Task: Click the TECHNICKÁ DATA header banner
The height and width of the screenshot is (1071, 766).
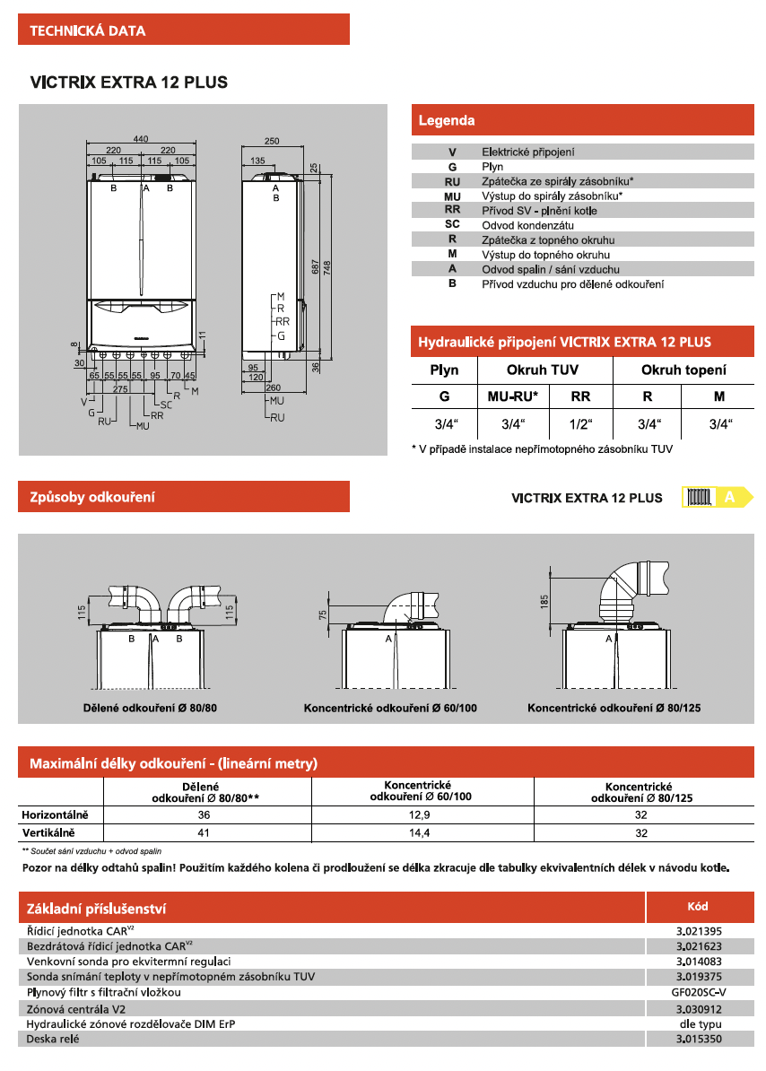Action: click(x=183, y=30)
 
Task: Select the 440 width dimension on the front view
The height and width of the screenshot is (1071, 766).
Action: click(x=141, y=139)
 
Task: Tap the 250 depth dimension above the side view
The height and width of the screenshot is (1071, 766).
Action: click(x=273, y=141)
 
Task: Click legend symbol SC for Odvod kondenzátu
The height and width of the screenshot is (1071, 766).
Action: click(x=452, y=224)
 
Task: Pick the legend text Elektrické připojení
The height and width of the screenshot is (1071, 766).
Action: click(x=527, y=152)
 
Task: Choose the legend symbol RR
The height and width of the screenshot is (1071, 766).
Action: click(x=452, y=210)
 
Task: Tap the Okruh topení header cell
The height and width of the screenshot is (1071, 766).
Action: click(x=683, y=370)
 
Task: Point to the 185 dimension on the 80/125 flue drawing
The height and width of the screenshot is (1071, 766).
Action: click(x=544, y=600)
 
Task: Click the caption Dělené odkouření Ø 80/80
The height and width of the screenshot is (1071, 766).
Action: click(x=144, y=709)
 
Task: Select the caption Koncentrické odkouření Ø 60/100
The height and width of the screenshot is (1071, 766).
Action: click(x=390, y=709)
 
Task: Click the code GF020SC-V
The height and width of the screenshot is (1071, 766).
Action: click(x=698, y=993)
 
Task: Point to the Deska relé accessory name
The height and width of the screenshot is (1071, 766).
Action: click(x=53, y=1039)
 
